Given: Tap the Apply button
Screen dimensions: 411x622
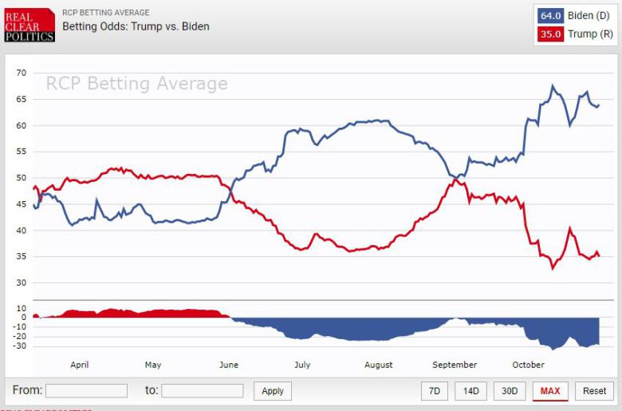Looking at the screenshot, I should pos(273,391).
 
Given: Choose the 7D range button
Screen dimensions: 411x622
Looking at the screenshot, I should pos(434,391).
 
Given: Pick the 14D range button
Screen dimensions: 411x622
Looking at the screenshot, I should pos(470,391).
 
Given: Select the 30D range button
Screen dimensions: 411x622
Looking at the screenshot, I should pos(510,391).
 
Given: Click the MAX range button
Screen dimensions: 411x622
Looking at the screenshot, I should pos(550,391).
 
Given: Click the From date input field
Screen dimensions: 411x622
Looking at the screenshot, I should pos(86,391).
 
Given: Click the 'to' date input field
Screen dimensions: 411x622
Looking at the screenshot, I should pos(202,391).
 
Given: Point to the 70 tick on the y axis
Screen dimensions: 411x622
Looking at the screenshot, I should pos(22,73).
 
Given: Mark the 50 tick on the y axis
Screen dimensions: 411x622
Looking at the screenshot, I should pos(22,178).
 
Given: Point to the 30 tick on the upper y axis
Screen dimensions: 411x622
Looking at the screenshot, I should pos(22,283).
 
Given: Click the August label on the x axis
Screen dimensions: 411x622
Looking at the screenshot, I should pos(378,365).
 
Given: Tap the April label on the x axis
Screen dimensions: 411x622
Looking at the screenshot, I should pos(80,365).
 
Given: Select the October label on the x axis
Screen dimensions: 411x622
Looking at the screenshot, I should pos(528,365).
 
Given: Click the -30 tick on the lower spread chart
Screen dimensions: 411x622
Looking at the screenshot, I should pos(19,346).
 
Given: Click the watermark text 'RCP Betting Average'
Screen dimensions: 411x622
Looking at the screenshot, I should pos(136,84).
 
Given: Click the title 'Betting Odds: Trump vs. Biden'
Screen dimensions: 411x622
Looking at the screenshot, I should pos(136,26).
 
